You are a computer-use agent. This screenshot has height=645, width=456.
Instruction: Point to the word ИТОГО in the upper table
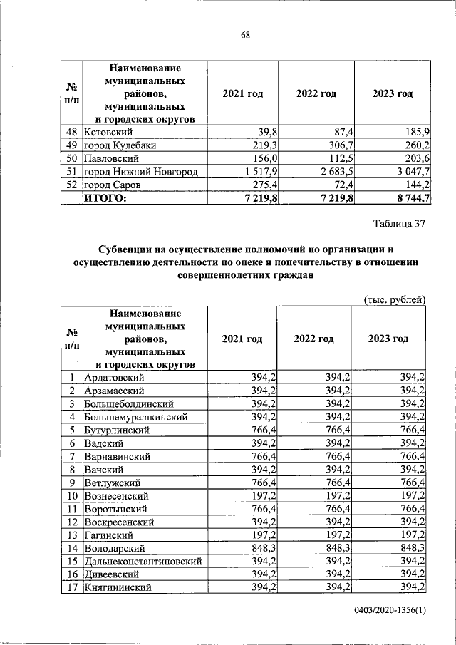(105, 198)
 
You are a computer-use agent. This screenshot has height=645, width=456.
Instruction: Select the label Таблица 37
(399, 224)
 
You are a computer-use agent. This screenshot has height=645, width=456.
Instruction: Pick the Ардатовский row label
(115, 377)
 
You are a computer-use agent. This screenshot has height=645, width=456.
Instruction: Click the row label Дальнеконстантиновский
(142, 562)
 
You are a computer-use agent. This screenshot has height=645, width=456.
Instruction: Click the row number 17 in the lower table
(71, 588)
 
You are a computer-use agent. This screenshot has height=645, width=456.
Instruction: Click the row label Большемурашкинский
(136, 416)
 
